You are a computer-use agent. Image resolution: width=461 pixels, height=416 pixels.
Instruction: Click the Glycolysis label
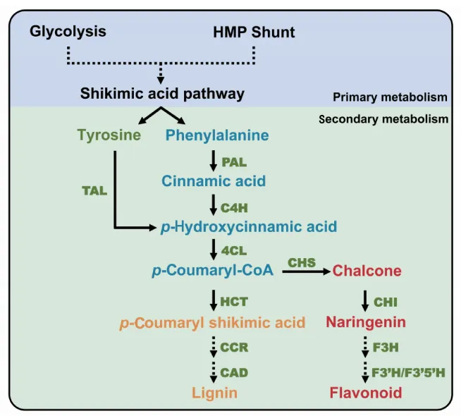(68, 32)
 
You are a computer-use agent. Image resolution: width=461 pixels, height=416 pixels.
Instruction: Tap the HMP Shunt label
(254, 32)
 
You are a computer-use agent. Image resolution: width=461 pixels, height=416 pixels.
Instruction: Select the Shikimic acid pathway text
(162, 93)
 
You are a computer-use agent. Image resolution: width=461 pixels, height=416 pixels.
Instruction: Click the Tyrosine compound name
(109, 135)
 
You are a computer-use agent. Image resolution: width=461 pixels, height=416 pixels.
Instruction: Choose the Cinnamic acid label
(214, 181)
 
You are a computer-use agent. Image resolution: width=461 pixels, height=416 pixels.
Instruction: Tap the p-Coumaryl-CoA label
(212, 270)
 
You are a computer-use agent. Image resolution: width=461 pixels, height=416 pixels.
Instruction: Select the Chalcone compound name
(367, 271)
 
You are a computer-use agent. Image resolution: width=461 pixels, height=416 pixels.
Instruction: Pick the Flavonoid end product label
(366, 392)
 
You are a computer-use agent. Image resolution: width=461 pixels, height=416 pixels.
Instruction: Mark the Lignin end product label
(214, 392)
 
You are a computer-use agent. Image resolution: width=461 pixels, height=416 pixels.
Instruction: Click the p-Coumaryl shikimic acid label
(212, 323)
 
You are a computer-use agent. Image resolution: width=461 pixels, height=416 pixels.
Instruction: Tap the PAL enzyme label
(234, 161)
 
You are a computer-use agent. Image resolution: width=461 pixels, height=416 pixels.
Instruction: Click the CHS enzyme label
(301, 262)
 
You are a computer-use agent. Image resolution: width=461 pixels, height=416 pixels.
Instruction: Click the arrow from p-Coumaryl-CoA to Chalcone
(305, 271)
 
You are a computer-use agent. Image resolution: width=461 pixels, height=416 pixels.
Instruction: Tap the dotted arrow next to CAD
(214, 372)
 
